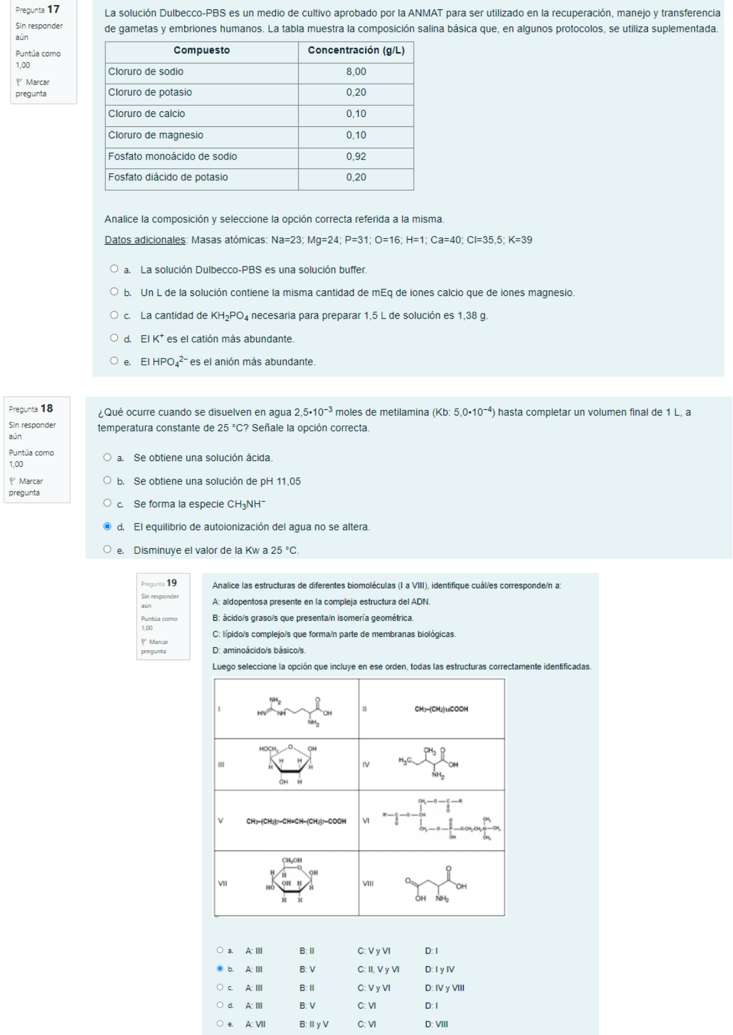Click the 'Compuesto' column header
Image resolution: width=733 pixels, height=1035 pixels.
[202, 51]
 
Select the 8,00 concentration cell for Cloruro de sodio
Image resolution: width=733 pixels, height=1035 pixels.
[356, 72]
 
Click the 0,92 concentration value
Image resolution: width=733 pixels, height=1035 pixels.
[356, 156]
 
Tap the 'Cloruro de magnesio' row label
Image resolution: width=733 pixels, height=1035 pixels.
[156, 135]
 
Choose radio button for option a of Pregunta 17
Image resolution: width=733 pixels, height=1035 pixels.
[114, 269]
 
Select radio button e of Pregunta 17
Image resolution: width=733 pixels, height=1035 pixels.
[114, 361]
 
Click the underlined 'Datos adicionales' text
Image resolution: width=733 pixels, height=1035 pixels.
[145, 240]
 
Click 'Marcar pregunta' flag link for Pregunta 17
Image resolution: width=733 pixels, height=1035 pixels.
[32, 88]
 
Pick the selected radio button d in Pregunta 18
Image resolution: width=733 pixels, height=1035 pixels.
[107, 526]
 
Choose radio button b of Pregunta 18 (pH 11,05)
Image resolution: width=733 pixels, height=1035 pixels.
[107, 481]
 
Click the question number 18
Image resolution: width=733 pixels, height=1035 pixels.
[47, 409]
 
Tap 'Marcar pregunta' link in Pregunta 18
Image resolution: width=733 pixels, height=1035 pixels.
[26, 487]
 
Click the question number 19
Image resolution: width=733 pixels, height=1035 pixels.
[172, 583]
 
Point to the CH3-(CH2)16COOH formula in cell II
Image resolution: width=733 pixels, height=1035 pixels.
[441, 709]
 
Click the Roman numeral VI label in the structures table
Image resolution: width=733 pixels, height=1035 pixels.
[366, 820]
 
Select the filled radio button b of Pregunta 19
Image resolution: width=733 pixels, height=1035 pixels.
[220, 969]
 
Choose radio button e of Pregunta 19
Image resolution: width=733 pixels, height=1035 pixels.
[220, 1024]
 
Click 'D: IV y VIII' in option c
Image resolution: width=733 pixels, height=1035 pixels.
[444, 988]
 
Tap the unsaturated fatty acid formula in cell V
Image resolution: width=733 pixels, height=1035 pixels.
[296, 822]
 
